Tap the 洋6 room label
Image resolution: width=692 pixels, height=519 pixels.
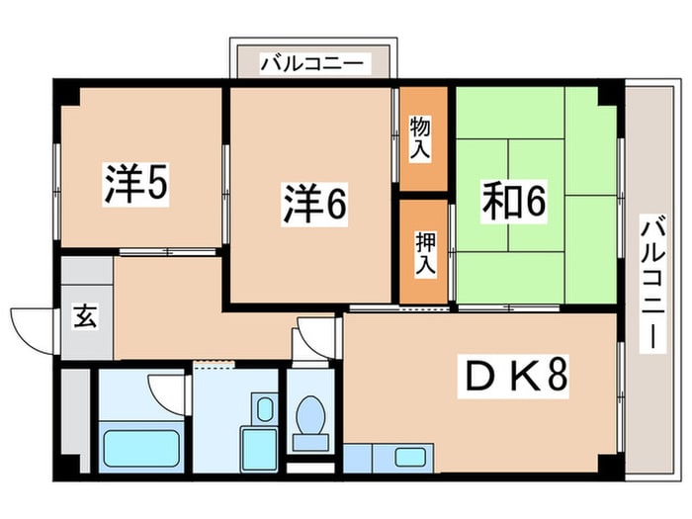314,204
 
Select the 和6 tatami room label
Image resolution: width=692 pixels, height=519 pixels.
514,201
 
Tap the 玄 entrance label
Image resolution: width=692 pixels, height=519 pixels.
85,316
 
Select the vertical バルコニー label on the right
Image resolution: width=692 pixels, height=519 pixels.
652,283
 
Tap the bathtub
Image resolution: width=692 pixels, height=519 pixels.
141,449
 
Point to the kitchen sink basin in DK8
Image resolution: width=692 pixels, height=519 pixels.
410,457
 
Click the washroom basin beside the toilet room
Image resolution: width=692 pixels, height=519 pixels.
265,407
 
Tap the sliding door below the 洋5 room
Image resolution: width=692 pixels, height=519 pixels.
168,252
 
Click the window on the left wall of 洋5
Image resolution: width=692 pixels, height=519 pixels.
56,191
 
